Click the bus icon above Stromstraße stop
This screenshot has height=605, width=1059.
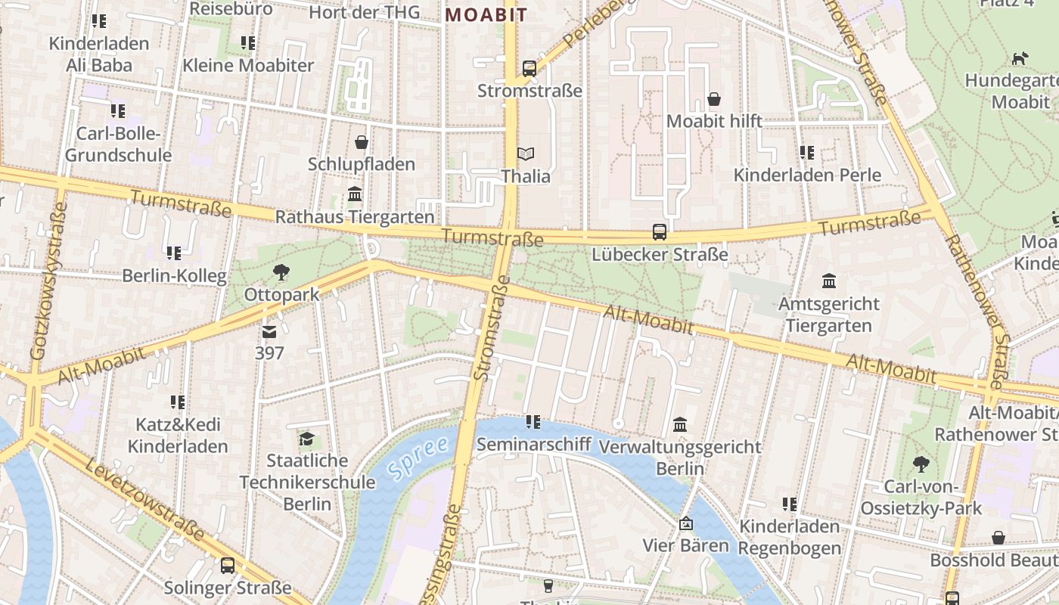(x=529, y=68)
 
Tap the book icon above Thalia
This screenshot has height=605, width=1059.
(x=525, y=154)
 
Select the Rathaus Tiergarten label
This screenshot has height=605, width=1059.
(x=355, y=217)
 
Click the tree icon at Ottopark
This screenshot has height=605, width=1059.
(x=281, y=271)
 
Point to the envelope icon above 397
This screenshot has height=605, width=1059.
(x=269, y=331)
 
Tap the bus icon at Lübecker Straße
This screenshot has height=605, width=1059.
(x=660, y=232)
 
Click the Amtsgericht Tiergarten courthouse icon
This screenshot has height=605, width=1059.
(x=829, y=281)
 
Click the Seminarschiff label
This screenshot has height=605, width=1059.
(x=533, y=444)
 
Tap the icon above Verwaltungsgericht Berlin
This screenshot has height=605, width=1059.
(x=680, y=424)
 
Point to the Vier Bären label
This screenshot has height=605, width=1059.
(x=685, y=545)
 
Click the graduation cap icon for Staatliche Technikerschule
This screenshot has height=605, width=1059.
(x=306, y=439)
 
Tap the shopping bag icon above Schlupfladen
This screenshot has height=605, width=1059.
(x=362, y=141)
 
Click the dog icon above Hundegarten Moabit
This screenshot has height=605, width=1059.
(x=1020, y=58)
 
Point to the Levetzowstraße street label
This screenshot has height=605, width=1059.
(x=144, y=499)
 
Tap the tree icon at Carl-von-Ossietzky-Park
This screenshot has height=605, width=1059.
(x=921, y=464)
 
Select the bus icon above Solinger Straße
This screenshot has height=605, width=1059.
(x=228, y=565)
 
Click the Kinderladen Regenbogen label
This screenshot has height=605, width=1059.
(x=790, y=537)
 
